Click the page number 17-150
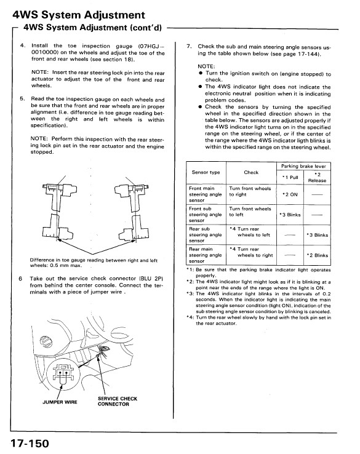click(x=30, y=444)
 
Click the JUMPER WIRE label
click(x=60, y=402)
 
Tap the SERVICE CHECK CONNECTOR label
click(x=118, y=401)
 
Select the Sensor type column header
click(x=206, y=172)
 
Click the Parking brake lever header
click(x=303, y=166)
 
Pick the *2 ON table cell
click(x=290, y=194)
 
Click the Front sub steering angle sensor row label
click(x=205, y=215)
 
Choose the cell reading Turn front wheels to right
click(x=250, y=191)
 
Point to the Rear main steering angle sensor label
click(x=205, y=255)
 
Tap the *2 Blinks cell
click(x=317, y=255)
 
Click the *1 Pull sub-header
click(x=290, y=178)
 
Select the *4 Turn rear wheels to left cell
click(x=250, y=232)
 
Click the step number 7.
click(x=189, y=46)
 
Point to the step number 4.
click(x=23, y=46)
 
